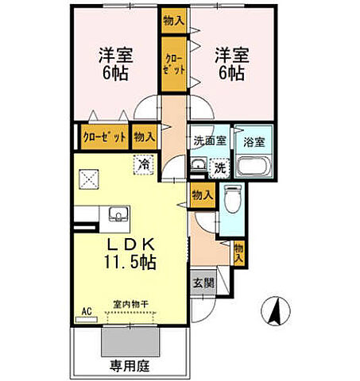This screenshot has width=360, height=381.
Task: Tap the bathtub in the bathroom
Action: point(254,167)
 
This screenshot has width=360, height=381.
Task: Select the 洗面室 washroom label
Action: point(210,141)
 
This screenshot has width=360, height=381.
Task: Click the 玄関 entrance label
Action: point(201,282)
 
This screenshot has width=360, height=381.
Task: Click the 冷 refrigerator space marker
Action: point(144,164)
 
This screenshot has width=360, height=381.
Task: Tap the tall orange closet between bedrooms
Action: point(173,66)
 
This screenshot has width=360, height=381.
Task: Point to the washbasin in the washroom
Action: point(199,166)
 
